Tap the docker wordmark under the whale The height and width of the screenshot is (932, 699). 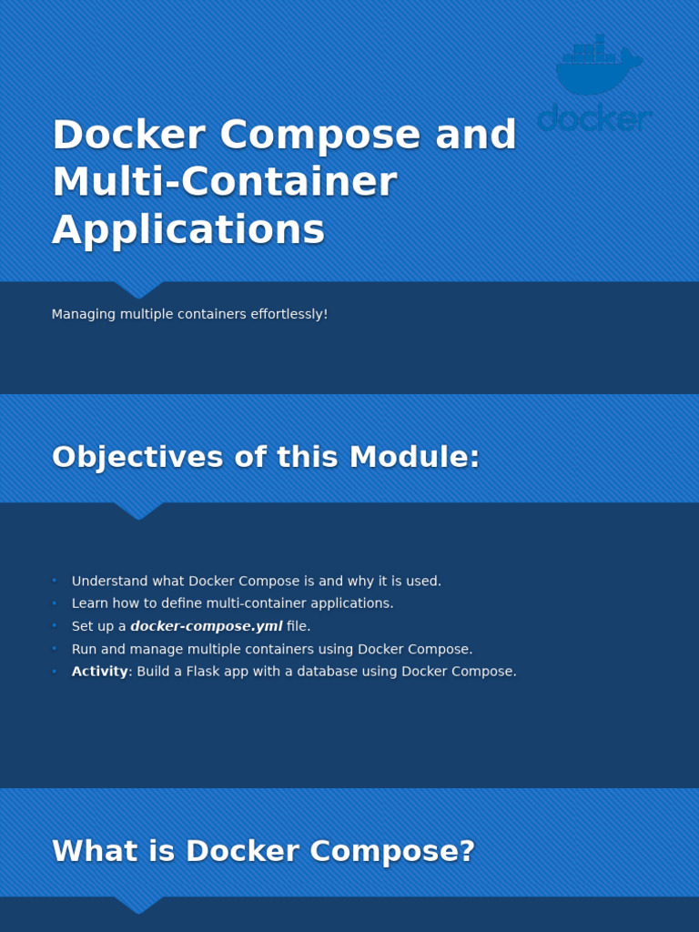[x=594, y=119]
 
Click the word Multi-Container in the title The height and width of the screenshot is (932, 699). [x=224, y=182]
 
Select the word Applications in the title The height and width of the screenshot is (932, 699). [x=188, y=229]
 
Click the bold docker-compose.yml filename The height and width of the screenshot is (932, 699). [x=207, y=626]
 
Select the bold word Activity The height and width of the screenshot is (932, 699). [x=99, y=672]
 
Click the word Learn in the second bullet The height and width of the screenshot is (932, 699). [x=89, y=603]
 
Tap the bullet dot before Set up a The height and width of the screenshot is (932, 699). [x=55, y=626]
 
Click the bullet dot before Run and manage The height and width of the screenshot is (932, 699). [x=55, y=649]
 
